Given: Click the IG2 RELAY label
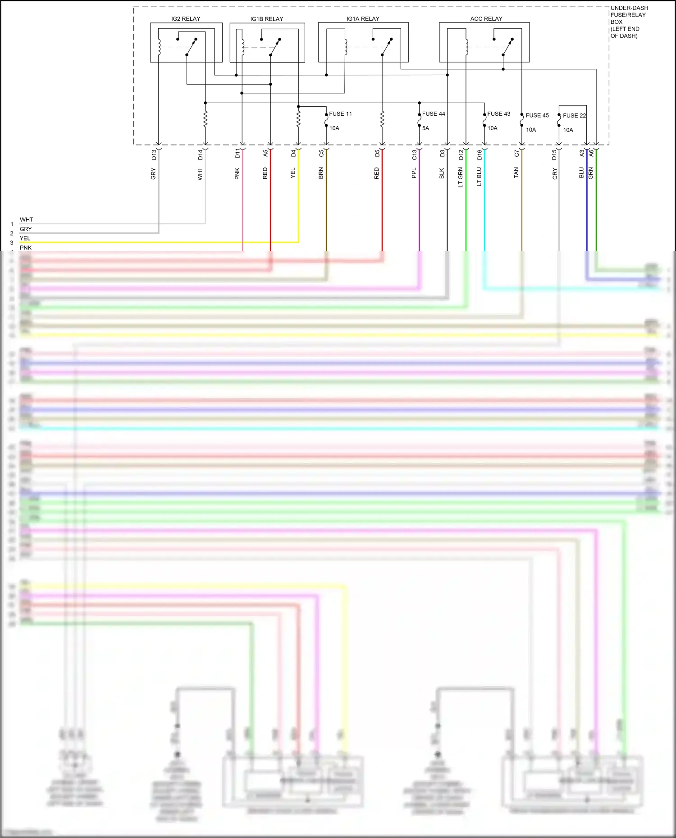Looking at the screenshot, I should click(x=186, y=19).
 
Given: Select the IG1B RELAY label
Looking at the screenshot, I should click(x=267, y=19).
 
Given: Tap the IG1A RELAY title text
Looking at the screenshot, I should click(x=363, y=19).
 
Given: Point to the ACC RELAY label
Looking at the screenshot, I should click(x=486, y=19).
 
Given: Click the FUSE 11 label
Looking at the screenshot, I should click(x=340, y=114).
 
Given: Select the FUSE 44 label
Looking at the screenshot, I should click(x=434, y=114).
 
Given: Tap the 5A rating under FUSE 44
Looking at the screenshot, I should click(x=425, y=128).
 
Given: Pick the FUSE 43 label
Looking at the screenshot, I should click(x=498, y=114).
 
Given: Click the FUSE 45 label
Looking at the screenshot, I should click(x=537, y=115).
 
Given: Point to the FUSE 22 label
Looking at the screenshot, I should click(x=574, y=116).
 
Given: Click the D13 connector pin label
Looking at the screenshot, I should click(x=154, y=154).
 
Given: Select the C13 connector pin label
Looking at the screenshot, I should click(x=415, y=155).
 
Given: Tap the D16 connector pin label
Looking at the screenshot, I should click(x=480, y=155).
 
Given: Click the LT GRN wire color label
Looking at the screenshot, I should click(x=461, y=177).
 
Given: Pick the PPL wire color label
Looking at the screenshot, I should click(x=414, y=173).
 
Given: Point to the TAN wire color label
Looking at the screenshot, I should click(x=516, y=173).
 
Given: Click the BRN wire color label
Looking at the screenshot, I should click(x=321, y=173).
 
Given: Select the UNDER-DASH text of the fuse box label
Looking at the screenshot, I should click(x=629, y=8).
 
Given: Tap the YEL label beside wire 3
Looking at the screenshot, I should click(x=25, y=238).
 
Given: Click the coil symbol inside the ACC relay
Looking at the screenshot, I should click(x=467, y=46).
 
